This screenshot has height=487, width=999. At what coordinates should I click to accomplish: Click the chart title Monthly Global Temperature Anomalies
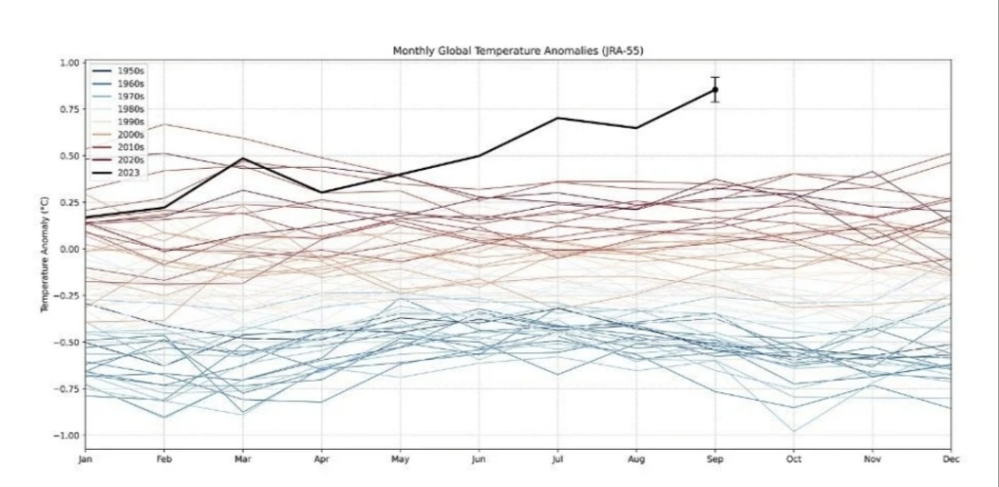[517, 50]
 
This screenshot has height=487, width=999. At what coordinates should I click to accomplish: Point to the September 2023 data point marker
[715, 90]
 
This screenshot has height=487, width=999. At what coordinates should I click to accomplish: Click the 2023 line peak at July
[557, 118]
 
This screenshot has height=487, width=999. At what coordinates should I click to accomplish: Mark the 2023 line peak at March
[243, 158]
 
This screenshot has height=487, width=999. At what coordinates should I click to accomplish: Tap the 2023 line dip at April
[321, 193]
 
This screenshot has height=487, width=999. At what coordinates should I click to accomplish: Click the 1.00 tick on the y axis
[68, 62]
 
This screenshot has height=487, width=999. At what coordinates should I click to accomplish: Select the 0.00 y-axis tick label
[68, 249]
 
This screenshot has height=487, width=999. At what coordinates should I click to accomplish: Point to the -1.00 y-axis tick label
[66, 435]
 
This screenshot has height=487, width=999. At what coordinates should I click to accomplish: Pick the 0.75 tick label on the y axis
[68, 109]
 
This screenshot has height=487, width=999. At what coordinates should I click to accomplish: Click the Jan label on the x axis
[86, 456]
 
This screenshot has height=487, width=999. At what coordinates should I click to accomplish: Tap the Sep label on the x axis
[715, 456]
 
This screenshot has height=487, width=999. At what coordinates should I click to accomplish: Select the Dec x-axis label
[950, 456]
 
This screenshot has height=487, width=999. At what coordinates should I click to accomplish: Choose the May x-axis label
[400, 456]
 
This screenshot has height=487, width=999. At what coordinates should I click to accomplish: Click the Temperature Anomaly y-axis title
[44, 249]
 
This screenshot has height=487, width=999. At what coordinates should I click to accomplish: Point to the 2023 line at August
[636, 128]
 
